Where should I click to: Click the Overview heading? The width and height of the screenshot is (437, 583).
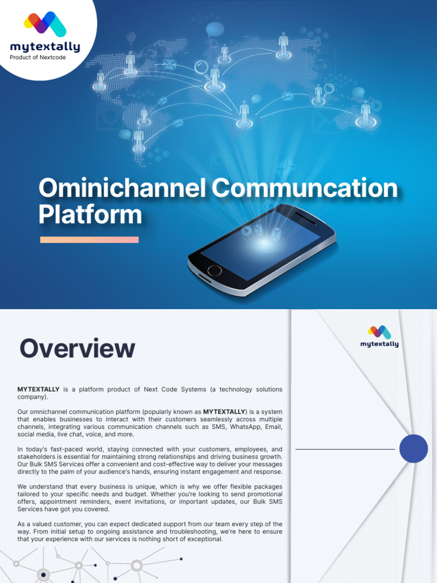[77, 348]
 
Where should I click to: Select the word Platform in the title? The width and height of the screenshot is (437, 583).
[90, 215]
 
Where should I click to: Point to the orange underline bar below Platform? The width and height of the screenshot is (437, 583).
[89, 240]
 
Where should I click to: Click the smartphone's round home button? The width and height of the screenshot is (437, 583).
[215, 270]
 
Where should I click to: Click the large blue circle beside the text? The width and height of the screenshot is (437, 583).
[413, 449]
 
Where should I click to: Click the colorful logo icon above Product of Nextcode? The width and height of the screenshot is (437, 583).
[45, 24]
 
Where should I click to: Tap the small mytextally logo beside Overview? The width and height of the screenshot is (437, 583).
[380, 336]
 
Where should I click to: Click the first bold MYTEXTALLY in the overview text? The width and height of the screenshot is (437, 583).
[38, 389]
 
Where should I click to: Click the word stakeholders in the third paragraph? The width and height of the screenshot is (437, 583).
[38, 457]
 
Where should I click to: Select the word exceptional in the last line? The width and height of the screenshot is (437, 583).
[204, 539]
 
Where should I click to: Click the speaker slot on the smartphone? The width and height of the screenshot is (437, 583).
[306, 218]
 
